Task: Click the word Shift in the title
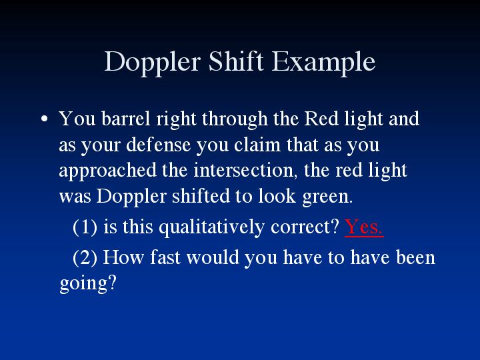coord(236,61)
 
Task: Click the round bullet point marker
coord(45,119)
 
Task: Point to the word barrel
coord(126,118)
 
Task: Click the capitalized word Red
coord(321,118)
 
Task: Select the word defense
coord(158,145)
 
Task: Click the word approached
coord(107,171)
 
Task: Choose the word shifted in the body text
coord(201,196)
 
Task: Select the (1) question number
coord(85,227)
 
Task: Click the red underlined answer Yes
coord(364,227)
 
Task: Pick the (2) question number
coord(85,257)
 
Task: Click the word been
coord(415,257)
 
